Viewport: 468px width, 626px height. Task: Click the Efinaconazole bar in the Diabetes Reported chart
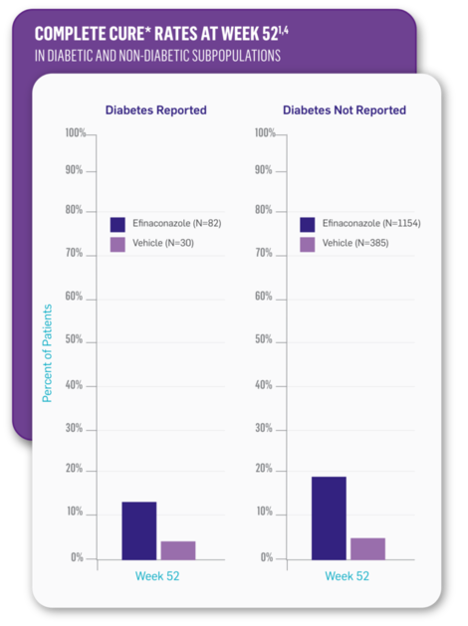(138, 529)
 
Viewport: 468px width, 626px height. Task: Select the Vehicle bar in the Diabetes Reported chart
(177, 549)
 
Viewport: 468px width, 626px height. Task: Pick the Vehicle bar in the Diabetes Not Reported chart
(366, 547)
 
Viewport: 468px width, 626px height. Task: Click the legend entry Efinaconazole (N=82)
(164, 224)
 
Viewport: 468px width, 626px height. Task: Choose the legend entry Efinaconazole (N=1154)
(357, 224)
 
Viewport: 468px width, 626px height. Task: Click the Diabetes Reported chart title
(156, 110)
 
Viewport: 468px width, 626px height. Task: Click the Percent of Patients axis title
(47, 353)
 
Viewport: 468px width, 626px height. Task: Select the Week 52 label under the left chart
(157, 576)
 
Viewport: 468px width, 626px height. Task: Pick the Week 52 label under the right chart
(347, 576)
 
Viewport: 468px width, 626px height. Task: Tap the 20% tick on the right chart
(265, 469)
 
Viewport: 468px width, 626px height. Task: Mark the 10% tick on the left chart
(75, 513)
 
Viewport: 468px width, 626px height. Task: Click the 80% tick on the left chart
(75, 211)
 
